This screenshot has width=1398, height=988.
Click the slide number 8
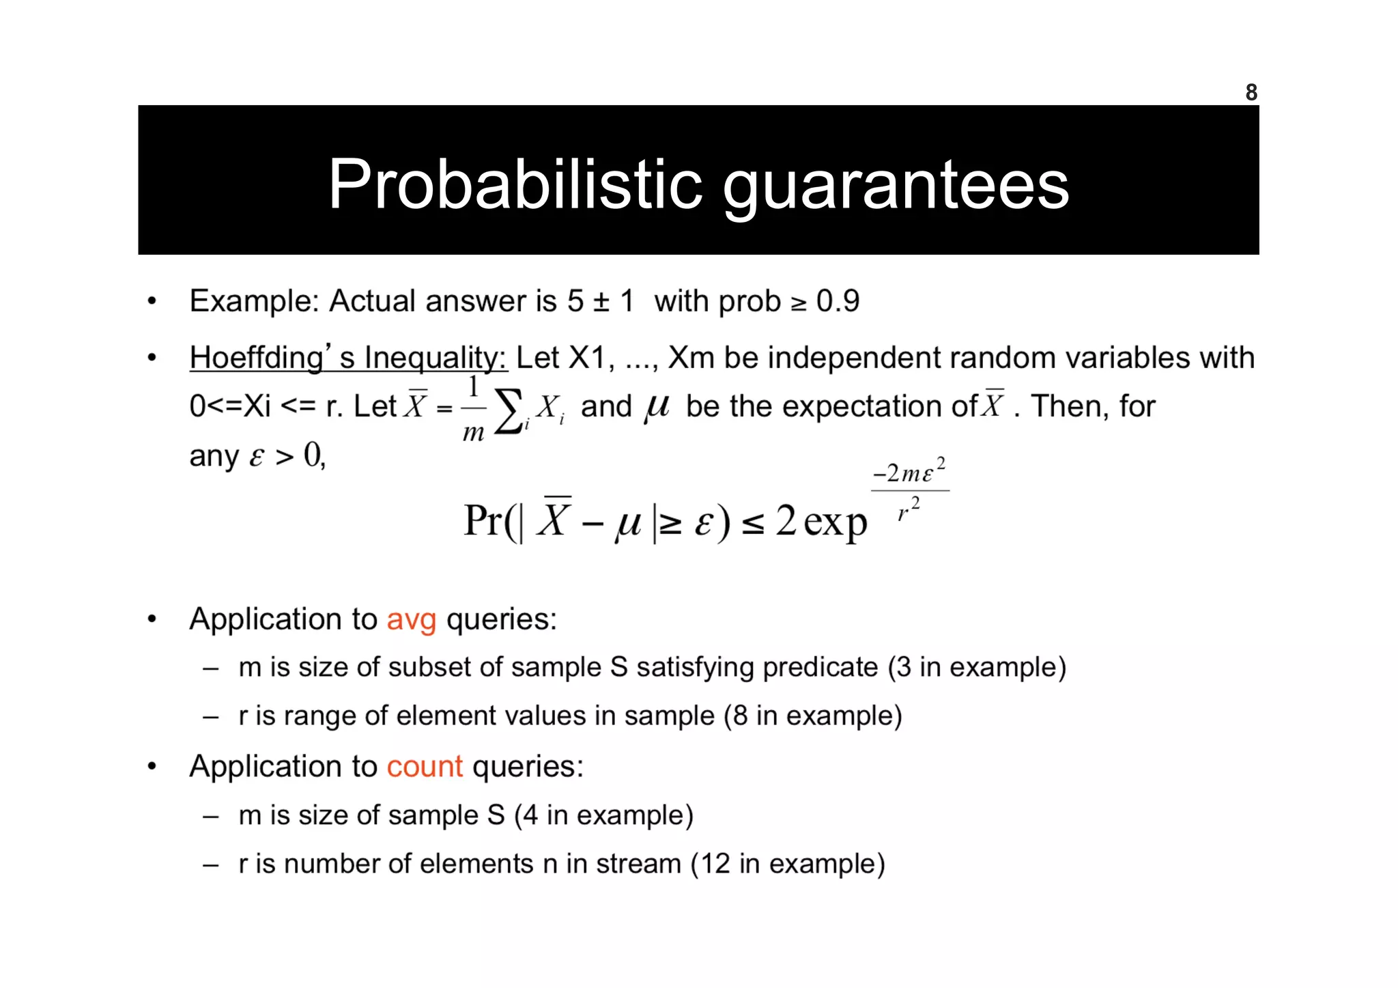1251,92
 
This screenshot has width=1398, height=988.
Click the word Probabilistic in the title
515,184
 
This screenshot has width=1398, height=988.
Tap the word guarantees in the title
895,186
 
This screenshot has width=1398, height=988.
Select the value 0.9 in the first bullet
838,301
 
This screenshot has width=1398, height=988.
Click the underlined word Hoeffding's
271,357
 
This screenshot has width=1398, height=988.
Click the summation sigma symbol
509,410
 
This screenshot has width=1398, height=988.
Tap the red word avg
411,620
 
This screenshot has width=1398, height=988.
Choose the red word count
425,766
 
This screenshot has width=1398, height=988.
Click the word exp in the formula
835,522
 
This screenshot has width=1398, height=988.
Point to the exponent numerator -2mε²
909,472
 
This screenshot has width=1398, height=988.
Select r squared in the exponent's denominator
909,509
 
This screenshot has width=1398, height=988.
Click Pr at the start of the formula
483,520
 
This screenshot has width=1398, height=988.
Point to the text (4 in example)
603,815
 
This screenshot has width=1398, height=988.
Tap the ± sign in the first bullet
601,302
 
